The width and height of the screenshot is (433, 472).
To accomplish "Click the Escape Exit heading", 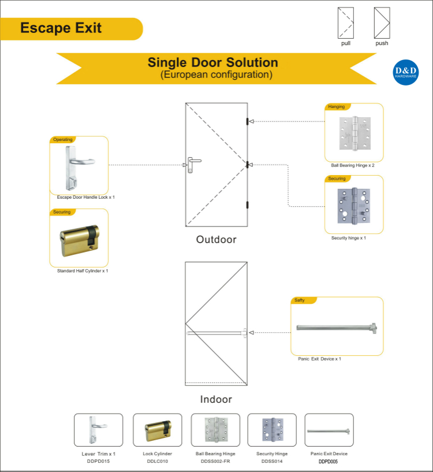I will pyautogui.click(x=61, y=28).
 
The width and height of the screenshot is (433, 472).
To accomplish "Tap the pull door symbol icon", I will pyautogui.click(x=345, y=23).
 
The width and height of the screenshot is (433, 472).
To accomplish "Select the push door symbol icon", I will pyautogui.click(x=382, y=23).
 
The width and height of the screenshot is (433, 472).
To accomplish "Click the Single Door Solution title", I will pyautogui.click(x=212, y=62).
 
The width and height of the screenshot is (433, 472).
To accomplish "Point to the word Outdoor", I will pyautogui.click(x=216, y=239).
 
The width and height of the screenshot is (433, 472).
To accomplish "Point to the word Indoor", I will pyautogui.click(x=216, y=399).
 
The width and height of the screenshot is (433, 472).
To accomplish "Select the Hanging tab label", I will pyautogui.click(x=337, y=107).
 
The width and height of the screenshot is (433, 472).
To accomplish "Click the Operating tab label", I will pyautogui.click(x=63, y=140).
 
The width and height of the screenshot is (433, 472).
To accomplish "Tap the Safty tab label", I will pyautogui.click(x=300, y=300).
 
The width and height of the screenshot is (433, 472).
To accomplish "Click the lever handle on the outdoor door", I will pyautogui.click(x=192, y=165).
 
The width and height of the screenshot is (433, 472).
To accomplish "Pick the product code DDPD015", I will pyautogui.click(x=98, y=461).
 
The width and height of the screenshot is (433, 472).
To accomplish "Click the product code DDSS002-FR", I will pyautogui.click(x=215, y=461).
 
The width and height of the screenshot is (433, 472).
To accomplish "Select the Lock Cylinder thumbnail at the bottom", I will pyautogui.click(x=157, y=430).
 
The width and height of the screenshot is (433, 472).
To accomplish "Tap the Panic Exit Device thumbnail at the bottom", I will pyautogui.click(x=329, y=430).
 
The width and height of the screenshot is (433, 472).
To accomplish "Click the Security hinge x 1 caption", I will pyautogui.click(x=349, y=238).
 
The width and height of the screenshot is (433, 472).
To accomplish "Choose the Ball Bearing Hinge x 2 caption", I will pyautogui.click(x=353, y=165).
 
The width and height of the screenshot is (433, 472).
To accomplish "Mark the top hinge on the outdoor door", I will pyautogui.click(x=247, y=121).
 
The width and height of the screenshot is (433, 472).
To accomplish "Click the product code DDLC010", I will pyautogui.click(x=157, y=461).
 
